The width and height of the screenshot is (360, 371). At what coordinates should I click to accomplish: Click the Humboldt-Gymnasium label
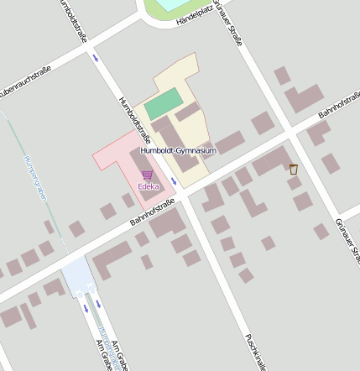coord(179,150)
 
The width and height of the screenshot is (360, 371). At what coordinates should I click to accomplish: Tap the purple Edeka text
coord(149,185)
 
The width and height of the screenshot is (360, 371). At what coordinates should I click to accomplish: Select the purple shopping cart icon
coord(147,175)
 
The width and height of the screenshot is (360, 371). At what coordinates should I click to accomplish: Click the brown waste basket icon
coord(293,169)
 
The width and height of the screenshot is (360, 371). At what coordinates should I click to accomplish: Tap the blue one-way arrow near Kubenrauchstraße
coord(96,57)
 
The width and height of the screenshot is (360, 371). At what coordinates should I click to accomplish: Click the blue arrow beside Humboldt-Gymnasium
coord(174,180)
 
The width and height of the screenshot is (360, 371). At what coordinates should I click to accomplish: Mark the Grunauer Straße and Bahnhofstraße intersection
coord(289,133)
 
